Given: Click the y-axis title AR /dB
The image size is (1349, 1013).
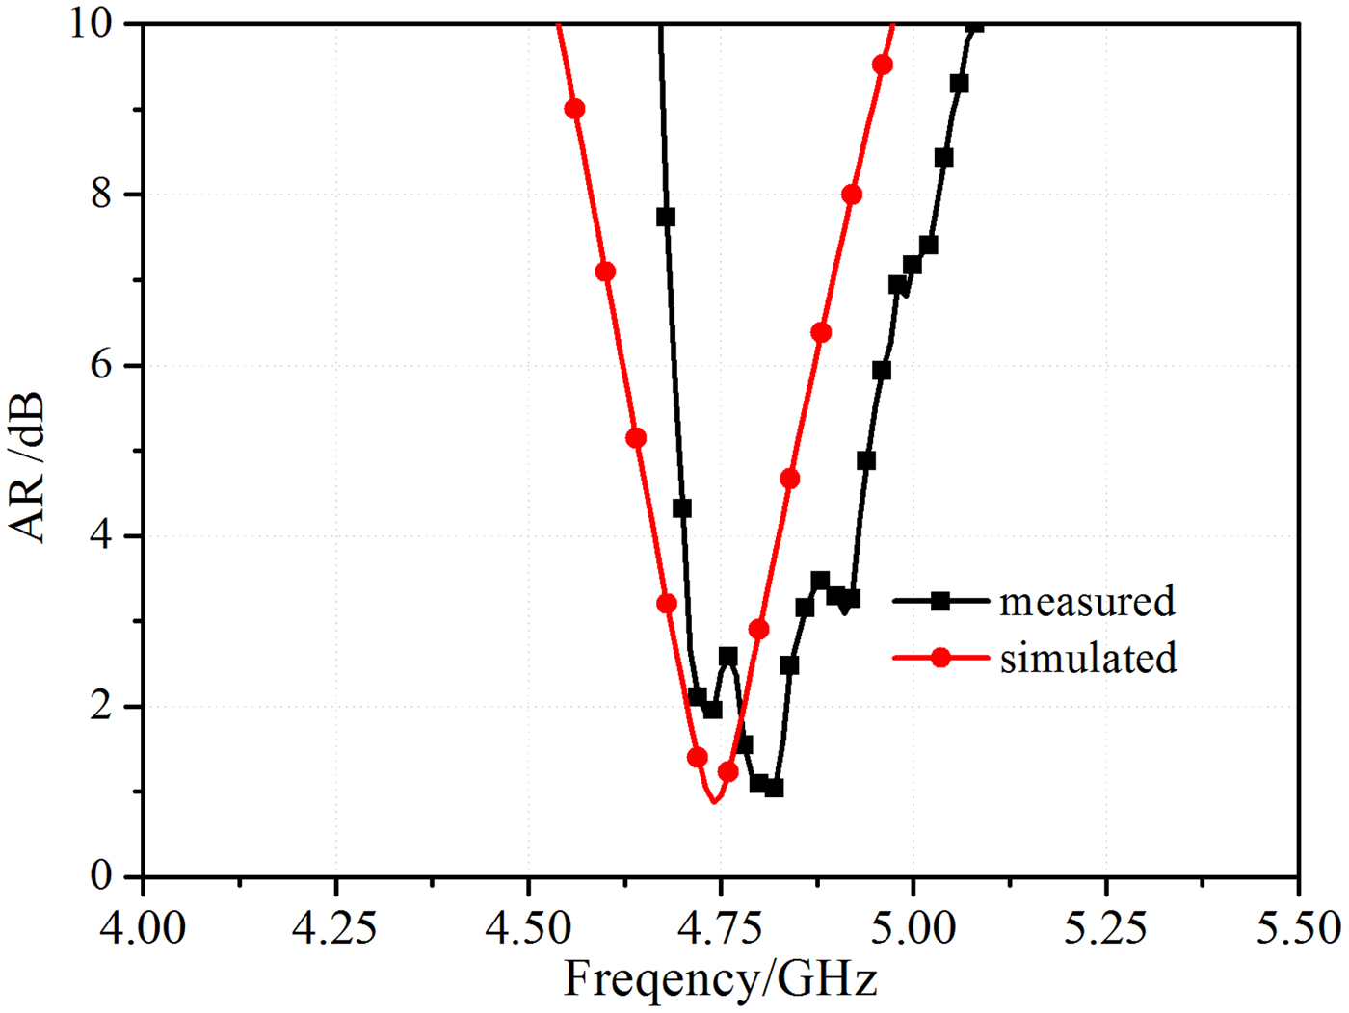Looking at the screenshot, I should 27,467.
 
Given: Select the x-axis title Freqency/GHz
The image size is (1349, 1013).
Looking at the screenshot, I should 721,980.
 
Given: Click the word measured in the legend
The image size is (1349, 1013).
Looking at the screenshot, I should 1087,601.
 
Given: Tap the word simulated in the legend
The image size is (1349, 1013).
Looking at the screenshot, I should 1088,659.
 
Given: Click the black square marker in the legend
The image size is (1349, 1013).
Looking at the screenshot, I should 940,601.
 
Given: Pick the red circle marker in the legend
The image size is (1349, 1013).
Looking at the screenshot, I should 940,659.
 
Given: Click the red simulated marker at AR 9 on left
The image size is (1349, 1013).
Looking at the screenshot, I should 574,109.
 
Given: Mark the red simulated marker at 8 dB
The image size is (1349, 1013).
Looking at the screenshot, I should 852,195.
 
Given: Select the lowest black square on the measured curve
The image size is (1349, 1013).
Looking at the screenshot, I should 774,788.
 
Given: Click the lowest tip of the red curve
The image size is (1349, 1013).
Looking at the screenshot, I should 714,801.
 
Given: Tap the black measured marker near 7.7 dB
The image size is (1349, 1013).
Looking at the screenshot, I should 666,218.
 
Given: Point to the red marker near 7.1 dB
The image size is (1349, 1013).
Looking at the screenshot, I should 605,272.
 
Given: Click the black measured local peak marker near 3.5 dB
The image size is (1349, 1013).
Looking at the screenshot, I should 820,580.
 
